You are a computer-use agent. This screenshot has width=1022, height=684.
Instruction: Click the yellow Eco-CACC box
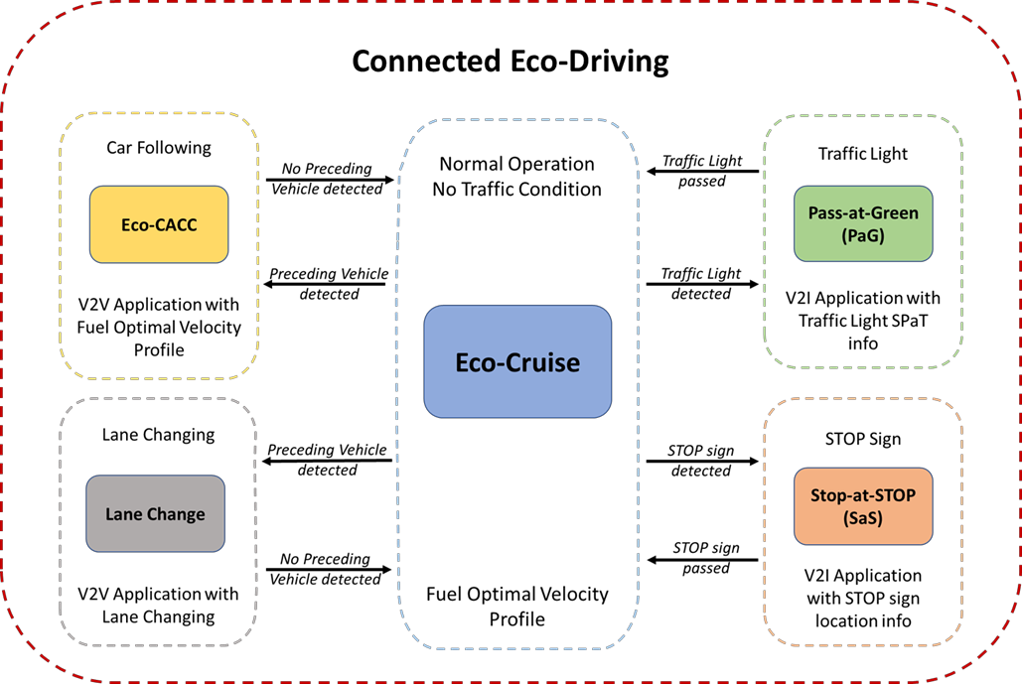pos(159,224)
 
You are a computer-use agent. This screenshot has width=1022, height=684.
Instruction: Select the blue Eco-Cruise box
pos(517,361)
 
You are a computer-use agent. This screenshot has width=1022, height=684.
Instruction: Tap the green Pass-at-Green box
pos(863,223)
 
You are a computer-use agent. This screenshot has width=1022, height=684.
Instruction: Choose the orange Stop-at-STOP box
pos(863,506)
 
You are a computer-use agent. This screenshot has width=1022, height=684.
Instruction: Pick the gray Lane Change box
pos(155,513)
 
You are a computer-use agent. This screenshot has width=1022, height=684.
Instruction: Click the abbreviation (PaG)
pos(862,235)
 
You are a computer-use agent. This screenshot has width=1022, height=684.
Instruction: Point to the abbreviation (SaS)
pos(862,518)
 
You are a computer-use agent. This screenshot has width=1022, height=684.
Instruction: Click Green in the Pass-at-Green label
pos(895,212)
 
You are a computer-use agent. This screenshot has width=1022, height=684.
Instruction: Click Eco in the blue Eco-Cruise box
pos(475,362)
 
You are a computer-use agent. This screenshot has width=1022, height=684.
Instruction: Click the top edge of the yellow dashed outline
pos(159,113)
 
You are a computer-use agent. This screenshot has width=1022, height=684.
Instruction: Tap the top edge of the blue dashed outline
pos(517,121)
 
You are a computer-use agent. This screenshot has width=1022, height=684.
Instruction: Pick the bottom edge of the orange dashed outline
pos(863,645)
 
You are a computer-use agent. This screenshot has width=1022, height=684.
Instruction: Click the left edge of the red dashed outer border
pos(2,342)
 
